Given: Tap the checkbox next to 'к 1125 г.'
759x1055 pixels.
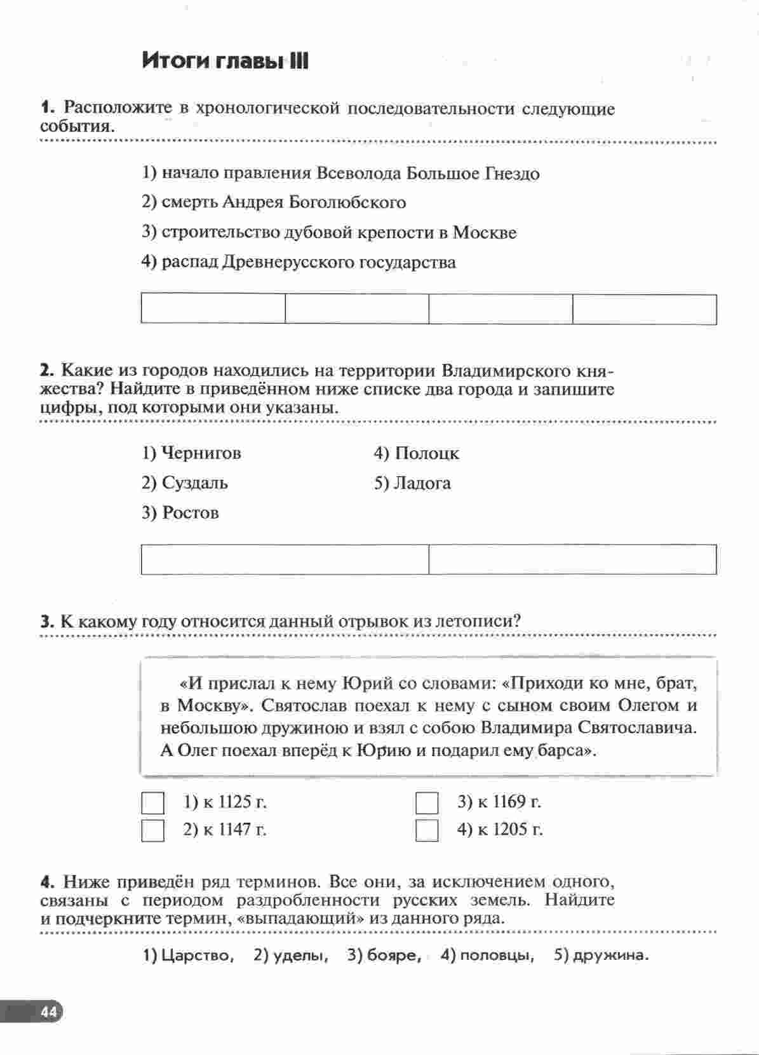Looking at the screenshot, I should (152, 803).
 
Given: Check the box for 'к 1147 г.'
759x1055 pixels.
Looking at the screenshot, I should (152, 830).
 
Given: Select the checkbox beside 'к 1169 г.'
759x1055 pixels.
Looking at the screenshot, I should (427, 803).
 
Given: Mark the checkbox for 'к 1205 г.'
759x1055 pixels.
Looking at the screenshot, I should (427, 830).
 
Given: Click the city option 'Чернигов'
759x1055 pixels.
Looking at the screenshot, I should (201, 453).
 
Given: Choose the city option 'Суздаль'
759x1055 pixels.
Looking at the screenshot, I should (194, 483).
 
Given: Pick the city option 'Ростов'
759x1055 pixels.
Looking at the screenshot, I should (190, 512).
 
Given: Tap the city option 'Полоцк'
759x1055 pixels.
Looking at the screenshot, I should (426, 453).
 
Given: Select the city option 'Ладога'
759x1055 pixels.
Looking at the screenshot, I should (422, 483).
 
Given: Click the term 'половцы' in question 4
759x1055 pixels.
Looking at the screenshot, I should (496, 955).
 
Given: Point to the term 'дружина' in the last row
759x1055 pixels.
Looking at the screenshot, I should (610, 955).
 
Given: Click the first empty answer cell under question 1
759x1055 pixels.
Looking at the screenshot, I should (213, 309).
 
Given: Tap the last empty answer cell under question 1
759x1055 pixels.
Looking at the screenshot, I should (644, 309).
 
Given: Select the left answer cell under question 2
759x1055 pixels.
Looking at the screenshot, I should (285, 559).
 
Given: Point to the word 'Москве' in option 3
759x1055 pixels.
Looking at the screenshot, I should (485, 232).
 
